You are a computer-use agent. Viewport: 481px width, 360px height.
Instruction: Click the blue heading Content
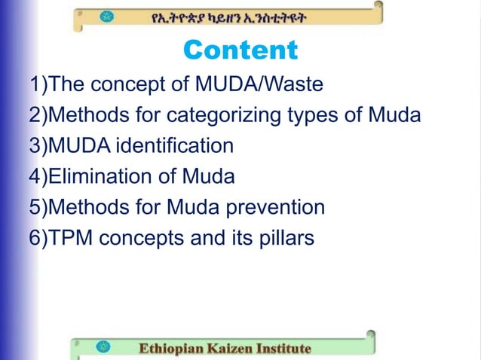(240, 51)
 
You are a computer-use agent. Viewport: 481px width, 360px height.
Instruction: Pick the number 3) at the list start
(38, 146)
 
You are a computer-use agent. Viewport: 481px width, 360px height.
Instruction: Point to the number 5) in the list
(38, 207)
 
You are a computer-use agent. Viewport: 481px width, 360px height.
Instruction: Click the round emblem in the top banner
(107, 17)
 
